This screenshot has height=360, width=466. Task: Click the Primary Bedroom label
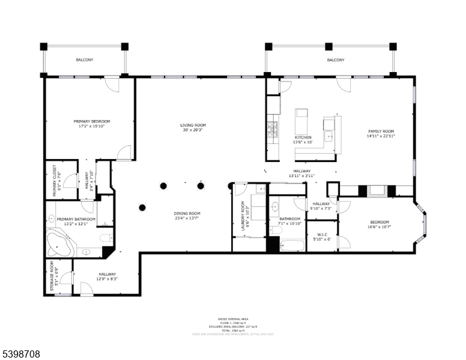click(92, 121)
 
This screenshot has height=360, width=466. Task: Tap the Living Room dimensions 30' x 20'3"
click(193, 130)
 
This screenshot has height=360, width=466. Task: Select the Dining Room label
click(188, 214)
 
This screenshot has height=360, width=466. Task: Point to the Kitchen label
click(303, 137)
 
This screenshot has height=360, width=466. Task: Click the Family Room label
click(381, 131)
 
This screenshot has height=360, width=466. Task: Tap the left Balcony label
click(84, 60)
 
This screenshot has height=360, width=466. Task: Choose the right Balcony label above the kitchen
click(336, 60)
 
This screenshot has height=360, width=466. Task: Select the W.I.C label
click(322, 234)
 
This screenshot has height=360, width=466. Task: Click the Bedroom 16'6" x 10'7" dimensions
click(380, 227)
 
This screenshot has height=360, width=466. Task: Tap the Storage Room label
click(52, 276)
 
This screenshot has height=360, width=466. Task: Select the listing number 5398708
click(22, 354)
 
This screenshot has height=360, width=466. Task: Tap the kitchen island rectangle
click(301, 122)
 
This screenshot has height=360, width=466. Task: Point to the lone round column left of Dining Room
click(142, 208)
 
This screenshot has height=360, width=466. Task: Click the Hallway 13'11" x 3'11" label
click(301, 172)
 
